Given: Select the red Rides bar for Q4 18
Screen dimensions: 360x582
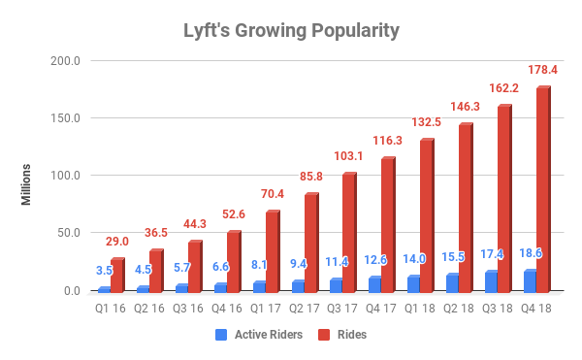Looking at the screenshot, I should click(x=543, y=190).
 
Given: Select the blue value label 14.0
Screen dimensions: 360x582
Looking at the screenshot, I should click(x=414, y=259).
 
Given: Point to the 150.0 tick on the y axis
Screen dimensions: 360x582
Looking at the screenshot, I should click(x=66, y=118).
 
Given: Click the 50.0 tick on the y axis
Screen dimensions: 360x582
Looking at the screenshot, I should click(x=69, y=233).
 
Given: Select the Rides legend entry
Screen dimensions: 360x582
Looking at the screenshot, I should click(x=349, y=334).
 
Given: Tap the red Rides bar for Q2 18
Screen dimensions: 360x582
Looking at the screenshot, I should click(x=466, y=209).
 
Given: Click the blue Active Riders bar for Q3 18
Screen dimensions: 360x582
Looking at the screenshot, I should click(x=491, y=282).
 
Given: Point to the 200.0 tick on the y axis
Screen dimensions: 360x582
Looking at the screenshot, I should click(x=66, y=61).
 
